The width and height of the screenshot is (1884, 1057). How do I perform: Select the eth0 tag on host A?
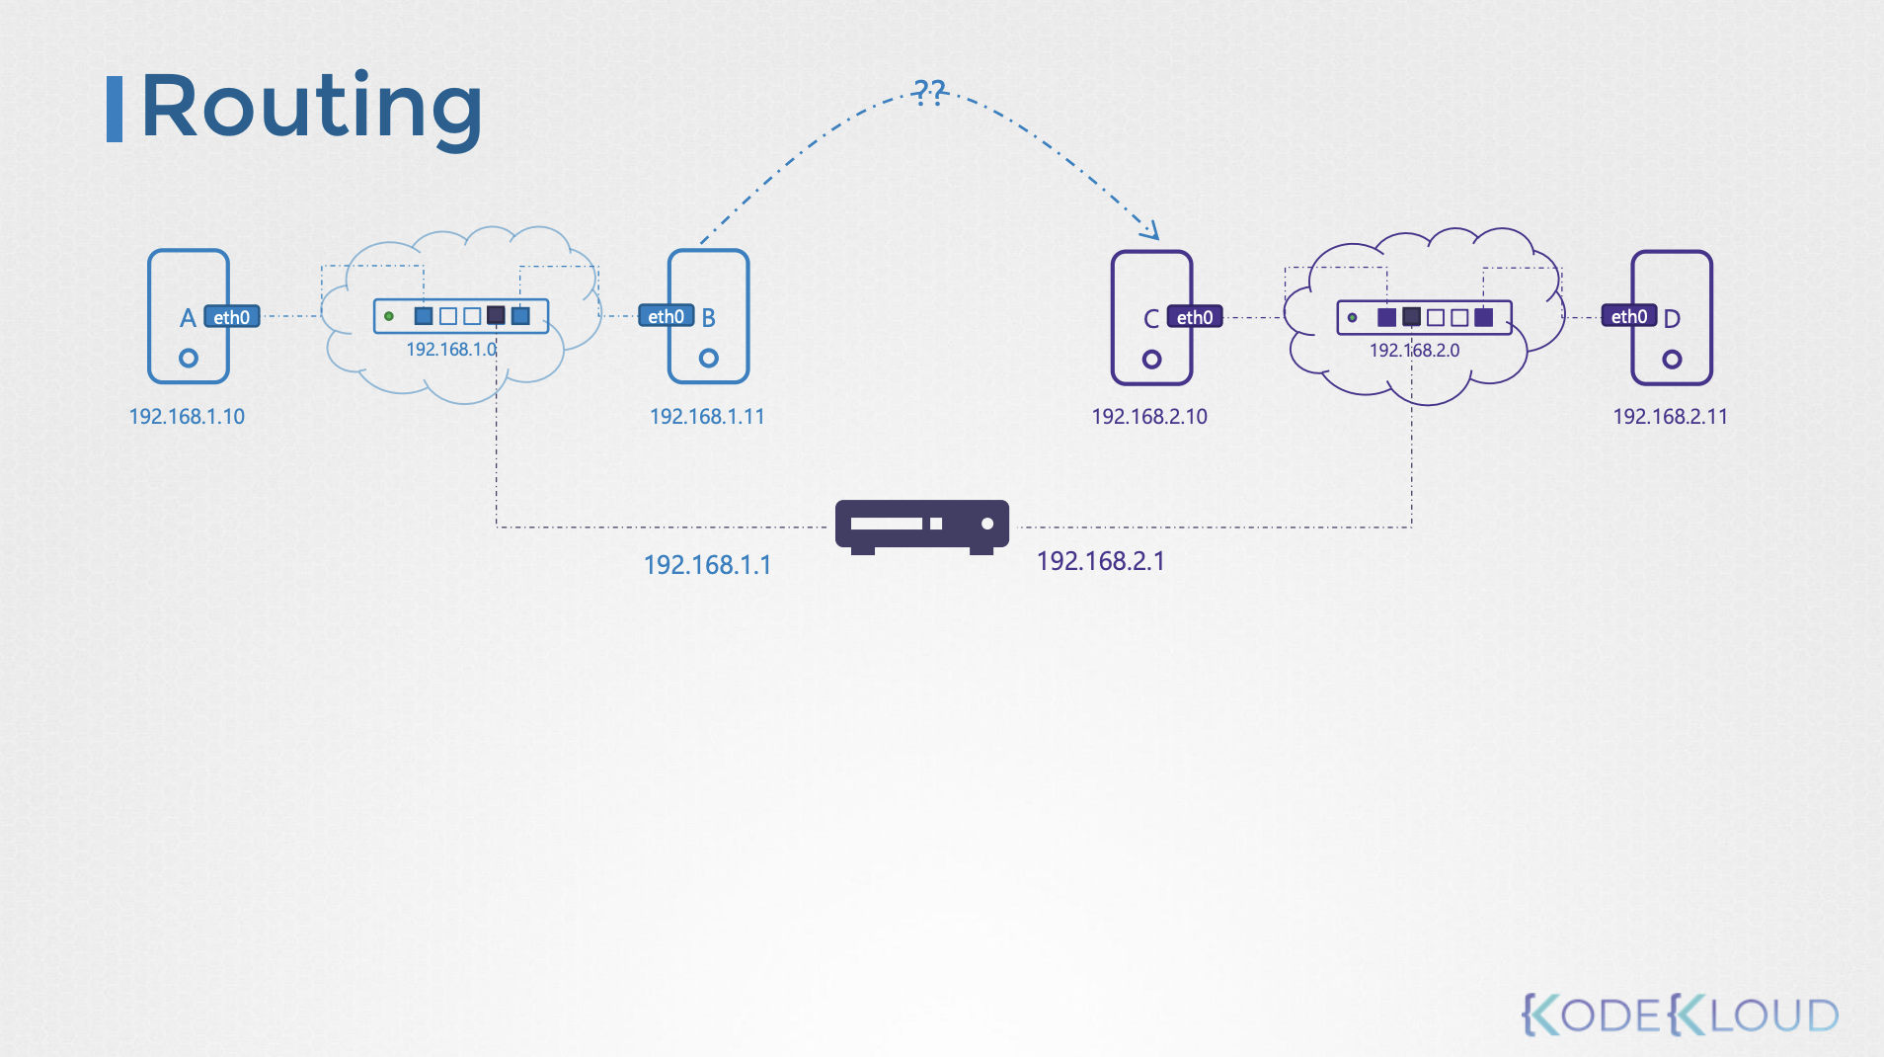[x=232, y=317]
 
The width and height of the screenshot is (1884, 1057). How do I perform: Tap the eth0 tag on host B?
[x=666, y=316]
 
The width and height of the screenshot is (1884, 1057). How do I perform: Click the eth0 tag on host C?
[x=1195, y=317]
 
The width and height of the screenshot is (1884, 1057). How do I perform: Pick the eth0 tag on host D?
[x=1628, y=316]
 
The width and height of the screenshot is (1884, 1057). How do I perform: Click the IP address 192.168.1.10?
[x=187, y=417]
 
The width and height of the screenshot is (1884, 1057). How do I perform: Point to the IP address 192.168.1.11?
[x=707, y=417]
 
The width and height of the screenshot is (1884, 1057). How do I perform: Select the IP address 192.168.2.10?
[x=1149, y=417]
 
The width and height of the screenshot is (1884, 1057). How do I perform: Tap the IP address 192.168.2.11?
[x=1670, y=417]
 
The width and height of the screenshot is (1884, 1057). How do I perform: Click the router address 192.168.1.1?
[x=707, y=565]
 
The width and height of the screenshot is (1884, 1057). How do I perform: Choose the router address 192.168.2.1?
[x=1100, y=561]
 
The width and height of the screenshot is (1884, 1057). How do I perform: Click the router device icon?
[x=921, y=526]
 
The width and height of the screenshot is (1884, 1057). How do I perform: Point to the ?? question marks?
[x=929, y=93]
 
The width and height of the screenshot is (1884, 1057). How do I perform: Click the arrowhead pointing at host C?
[x=1150, y=231]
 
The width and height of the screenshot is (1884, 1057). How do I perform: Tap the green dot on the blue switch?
[x=389, y=316]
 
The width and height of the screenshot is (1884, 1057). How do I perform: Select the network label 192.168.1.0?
[x=451, y=350]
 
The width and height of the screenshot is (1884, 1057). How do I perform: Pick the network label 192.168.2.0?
[x=1414, y=351]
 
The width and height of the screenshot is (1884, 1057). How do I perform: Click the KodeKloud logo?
[x=1680, y=1015]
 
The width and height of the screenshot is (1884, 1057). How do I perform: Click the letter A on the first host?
[x=188, y=318]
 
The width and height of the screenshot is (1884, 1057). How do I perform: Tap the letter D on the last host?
[x=1672, y=318]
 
